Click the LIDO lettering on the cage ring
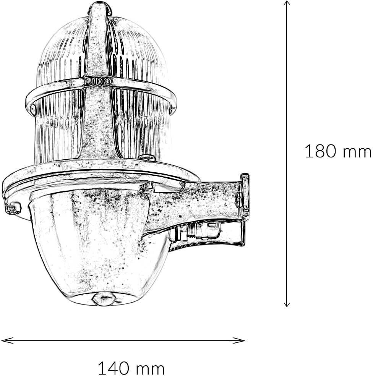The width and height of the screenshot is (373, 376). [x=97, y=81]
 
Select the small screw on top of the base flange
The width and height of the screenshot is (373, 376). [x=146, y=157]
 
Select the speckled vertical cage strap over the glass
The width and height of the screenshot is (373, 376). [x=97, y=115]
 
